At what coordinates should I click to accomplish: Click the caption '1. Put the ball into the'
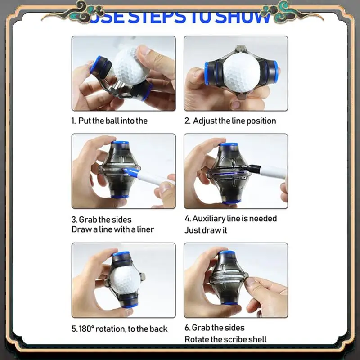tap(109, 121)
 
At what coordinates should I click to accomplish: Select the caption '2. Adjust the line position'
tap(230, 121)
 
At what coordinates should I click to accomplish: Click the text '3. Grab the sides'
tap(102, 219)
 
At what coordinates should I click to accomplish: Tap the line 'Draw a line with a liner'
tap(113, 229)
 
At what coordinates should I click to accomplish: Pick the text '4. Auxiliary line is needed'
tap(231, 219)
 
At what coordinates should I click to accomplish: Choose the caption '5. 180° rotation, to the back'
tap(119, 329)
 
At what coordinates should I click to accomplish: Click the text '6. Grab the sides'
tap(215, 328)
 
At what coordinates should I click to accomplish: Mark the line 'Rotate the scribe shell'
tap(225, 339)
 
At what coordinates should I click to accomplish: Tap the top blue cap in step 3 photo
tap(120, 144)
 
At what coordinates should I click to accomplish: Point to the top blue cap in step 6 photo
tap(228, 254)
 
